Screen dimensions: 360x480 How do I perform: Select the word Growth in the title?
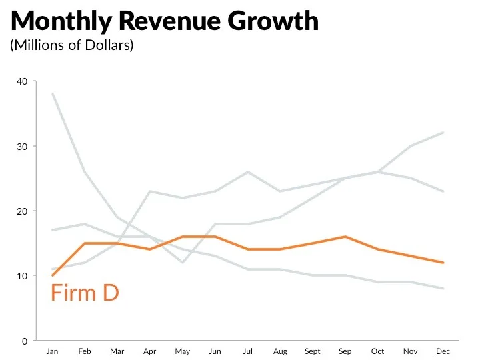[273, 22]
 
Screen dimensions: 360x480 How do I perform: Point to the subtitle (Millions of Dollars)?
[72, 46]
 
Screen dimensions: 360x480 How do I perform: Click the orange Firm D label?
[85, 293]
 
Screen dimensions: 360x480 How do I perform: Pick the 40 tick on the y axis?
[23, 82]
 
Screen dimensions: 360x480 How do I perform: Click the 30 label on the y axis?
[23, 147]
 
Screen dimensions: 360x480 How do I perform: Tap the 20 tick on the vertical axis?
[23, 211]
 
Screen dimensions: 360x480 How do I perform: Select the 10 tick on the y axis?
[23, 276]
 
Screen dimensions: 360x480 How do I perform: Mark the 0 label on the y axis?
[25, 341]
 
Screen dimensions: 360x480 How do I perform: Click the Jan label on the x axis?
[52, 351]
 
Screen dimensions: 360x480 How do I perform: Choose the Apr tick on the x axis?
[149, 351]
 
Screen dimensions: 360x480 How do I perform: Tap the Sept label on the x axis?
[313, 351]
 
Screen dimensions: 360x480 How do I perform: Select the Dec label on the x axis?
[443, 351]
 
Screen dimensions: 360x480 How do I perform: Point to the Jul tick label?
[247, 351]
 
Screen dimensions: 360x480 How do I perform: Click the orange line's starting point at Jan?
[52, 275]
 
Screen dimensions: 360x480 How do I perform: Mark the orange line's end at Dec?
[443, 263]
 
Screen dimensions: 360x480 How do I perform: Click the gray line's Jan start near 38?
[52, 94]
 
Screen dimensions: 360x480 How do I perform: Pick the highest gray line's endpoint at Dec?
[443, 133]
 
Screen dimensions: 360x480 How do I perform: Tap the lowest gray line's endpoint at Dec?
[443, 289]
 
